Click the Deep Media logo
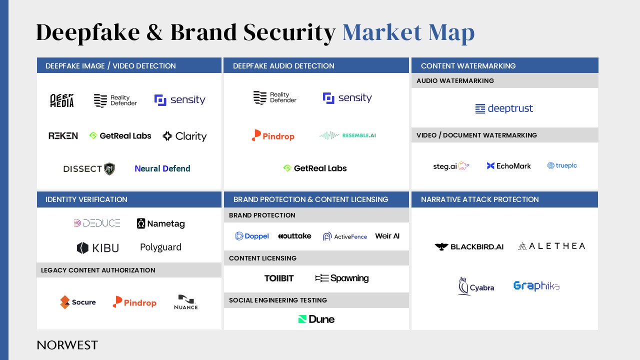coord(62,100)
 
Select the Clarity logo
coord(184,136)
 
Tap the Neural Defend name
coord(162,168)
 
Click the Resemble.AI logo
coord(347,135)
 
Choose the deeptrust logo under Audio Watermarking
coord(504,108)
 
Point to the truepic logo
coord(562,165)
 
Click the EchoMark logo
coord(508,165)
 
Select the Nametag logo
coord(161,223)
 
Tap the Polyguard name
coord(160,247)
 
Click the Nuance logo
coord(186,302)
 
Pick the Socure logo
coord(77,302)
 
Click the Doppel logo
coord(251,236)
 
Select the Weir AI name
coord(387,236)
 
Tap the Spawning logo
coord(341,278)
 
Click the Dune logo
coord(316,319)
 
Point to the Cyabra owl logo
coord(463,286)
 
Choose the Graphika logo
coord(536,285)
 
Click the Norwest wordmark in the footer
coord(67,345)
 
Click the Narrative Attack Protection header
coord(479,199)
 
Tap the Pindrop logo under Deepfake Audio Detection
coord(273,135)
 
